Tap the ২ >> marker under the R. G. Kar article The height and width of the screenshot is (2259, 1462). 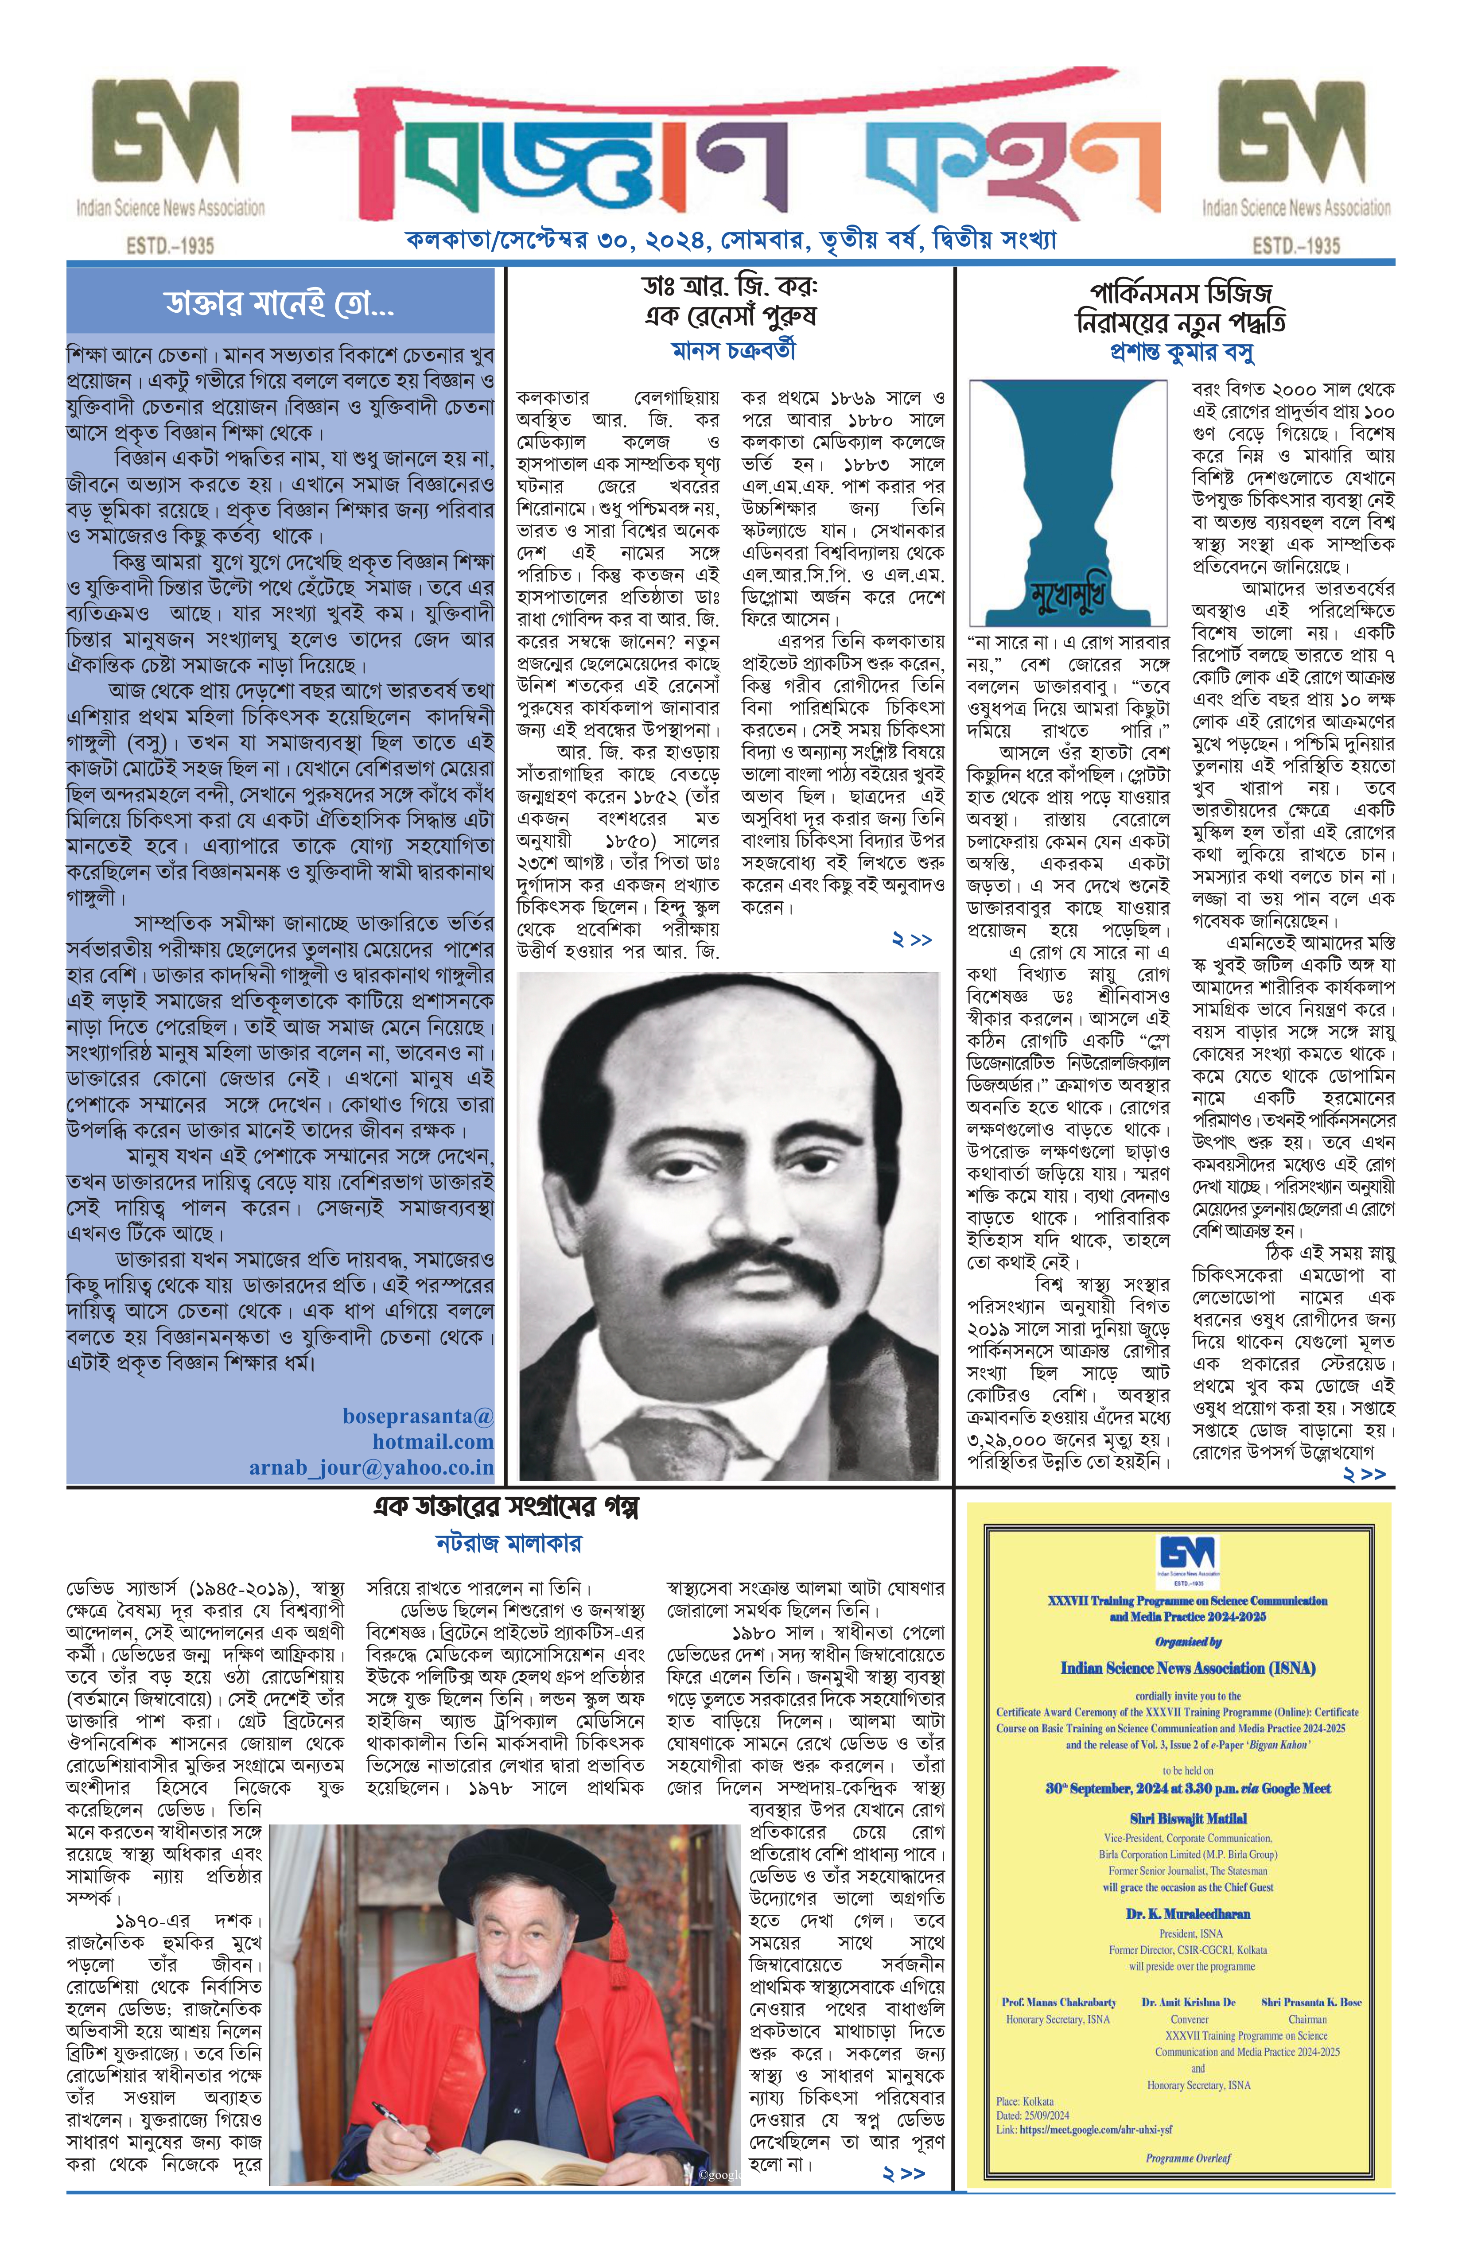click(x=911, y=939)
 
